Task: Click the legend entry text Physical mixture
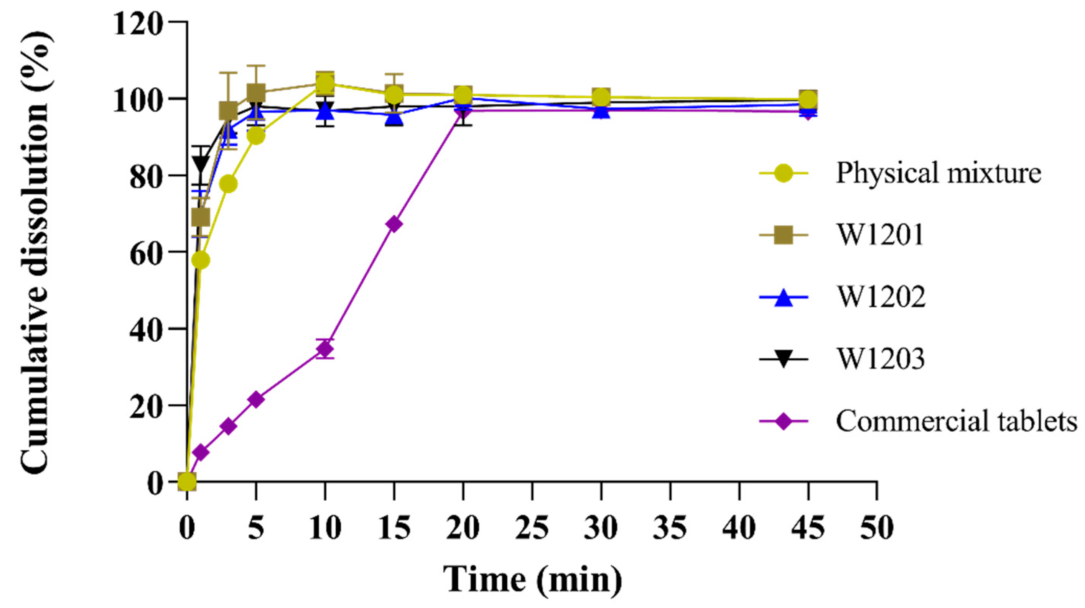point(938,173)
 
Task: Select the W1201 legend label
point(880,235)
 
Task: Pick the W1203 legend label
point(880,359)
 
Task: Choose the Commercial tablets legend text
point(956,421)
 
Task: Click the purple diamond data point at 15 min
point(394,223)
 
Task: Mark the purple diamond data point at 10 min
point(325,348)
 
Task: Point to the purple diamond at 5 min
point(256,399)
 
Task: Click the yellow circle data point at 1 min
point(201,260)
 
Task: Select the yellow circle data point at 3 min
point(228,184)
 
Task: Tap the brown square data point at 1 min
point(201,218)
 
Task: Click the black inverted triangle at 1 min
point(201,163)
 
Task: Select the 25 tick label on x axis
point(532,528)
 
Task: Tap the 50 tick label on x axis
point(877,528)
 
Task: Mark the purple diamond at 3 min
point(228,427)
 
